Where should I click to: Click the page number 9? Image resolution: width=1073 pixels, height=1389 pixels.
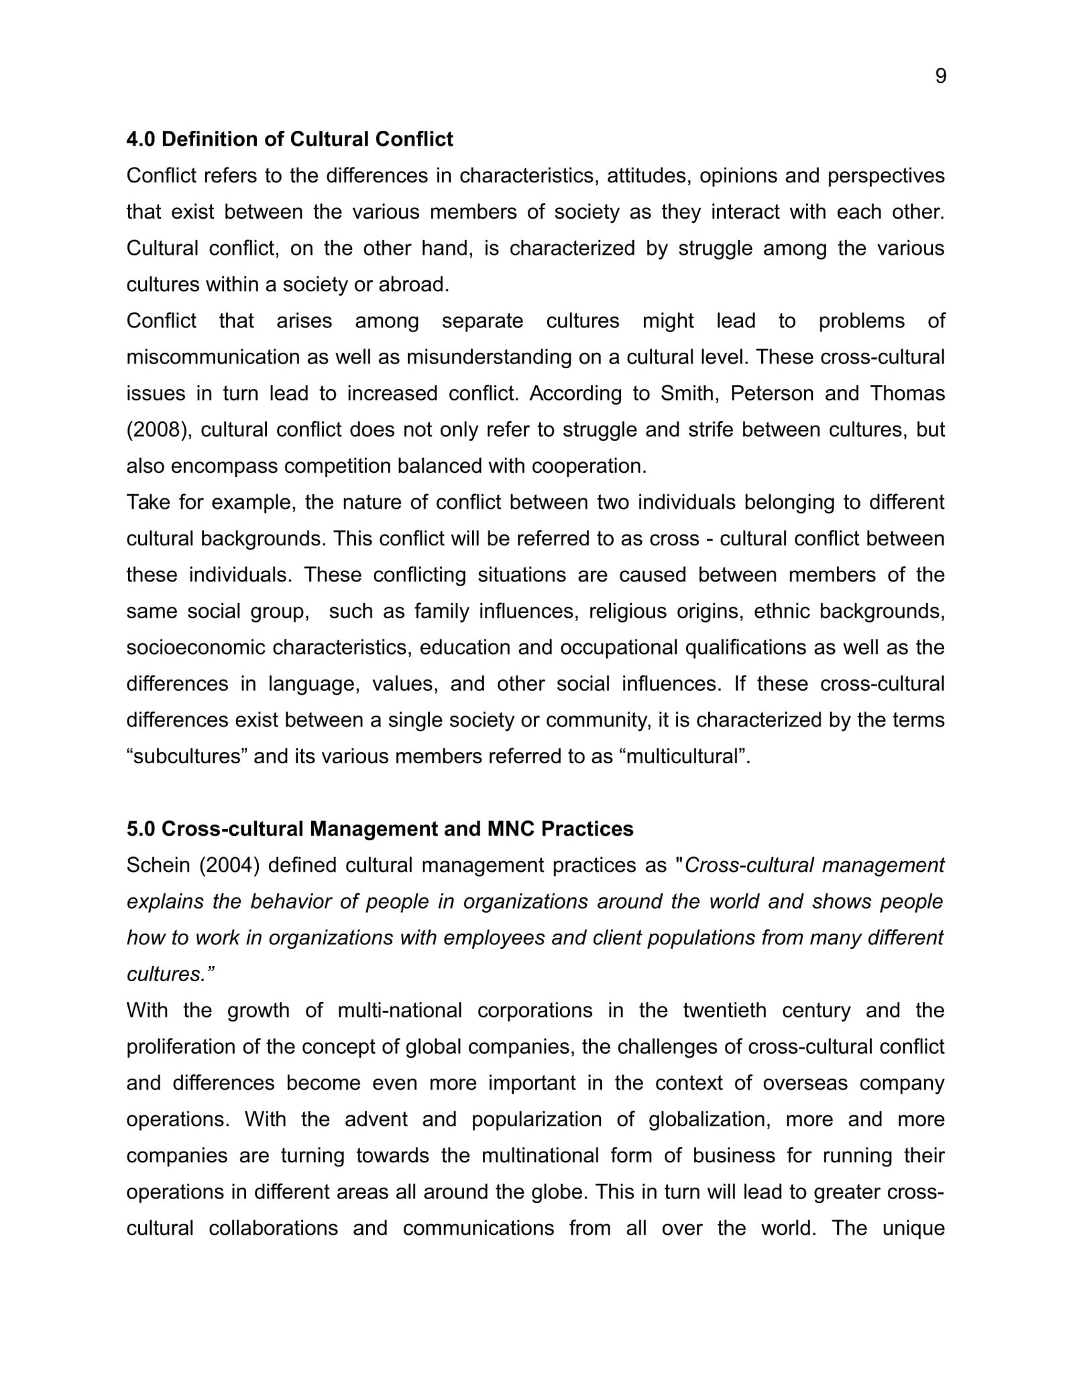click(940, 76)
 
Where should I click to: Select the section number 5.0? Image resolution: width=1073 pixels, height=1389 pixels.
click(141, 829)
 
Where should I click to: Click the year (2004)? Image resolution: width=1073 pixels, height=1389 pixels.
click(229, 865)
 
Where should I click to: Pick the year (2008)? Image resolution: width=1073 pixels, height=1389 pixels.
click(160, 429)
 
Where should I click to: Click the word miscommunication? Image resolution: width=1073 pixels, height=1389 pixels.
click(213, 357)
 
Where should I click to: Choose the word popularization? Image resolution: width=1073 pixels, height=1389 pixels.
click(536, 1119)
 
